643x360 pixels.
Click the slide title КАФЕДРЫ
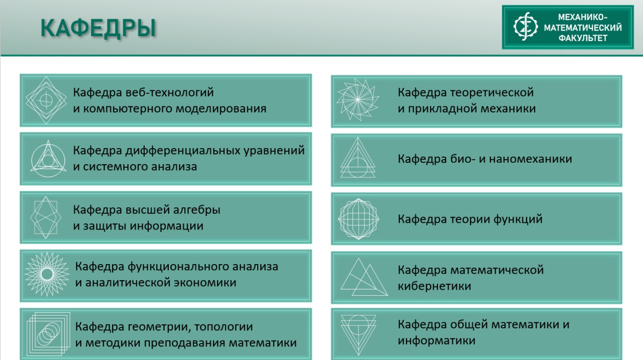pos(98,28)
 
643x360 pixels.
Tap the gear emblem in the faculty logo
pos(525,26)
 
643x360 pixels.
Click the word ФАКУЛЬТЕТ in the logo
pos(583,38)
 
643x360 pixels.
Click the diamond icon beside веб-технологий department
pos(46,100)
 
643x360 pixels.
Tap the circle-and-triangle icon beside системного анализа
pos(48,159)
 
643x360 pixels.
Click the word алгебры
pos(196,210)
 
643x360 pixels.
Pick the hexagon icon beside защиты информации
pos(46,217)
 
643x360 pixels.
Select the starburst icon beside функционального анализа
pos(47,274)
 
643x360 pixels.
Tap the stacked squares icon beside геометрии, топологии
pos(48,334)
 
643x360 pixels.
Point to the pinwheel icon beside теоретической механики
pos(358,99)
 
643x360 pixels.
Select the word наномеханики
pos(530,159)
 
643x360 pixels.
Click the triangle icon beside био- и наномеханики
pos(358,158)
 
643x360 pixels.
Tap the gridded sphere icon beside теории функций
pos(359,218)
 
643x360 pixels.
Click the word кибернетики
pos(435,286)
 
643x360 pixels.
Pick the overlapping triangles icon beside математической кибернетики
pos(364,277)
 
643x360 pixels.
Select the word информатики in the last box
pos(437,340)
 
